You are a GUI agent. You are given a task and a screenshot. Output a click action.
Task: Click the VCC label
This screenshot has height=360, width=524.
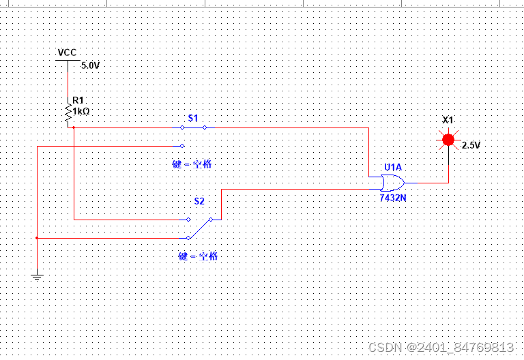click(67, 52)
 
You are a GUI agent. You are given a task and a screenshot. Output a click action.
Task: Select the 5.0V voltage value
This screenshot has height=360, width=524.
click(90, 66)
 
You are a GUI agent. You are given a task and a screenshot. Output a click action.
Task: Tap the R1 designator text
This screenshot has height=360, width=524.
click(78, 100)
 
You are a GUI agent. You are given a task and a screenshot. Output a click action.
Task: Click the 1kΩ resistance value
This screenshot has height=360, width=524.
click(81, 110)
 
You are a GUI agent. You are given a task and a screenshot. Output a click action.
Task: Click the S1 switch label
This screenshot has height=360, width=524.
click(193, 118)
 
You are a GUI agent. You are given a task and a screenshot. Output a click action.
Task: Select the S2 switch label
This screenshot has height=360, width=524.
click(199, 201)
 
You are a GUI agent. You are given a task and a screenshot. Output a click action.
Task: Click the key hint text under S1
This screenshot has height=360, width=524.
click(196, 164)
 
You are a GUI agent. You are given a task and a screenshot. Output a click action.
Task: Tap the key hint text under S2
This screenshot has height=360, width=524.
click(199, 256)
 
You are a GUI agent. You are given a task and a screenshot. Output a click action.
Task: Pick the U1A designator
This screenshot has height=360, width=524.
click(392, 167)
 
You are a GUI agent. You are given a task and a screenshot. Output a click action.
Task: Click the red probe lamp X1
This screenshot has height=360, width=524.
click(448, 140)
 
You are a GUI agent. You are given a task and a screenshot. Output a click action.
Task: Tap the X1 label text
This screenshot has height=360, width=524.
click(448, 120)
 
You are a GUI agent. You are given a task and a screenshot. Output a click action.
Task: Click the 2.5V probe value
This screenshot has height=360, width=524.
click(471, 145)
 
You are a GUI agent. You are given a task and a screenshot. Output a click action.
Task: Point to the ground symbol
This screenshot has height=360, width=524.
click(37, 276)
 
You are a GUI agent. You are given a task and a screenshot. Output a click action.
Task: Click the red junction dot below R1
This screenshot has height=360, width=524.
click(73, 127)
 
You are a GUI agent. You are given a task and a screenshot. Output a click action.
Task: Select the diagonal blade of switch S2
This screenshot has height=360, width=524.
click(200, 228)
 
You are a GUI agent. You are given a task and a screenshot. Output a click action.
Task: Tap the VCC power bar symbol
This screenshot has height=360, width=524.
click(67, 60)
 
